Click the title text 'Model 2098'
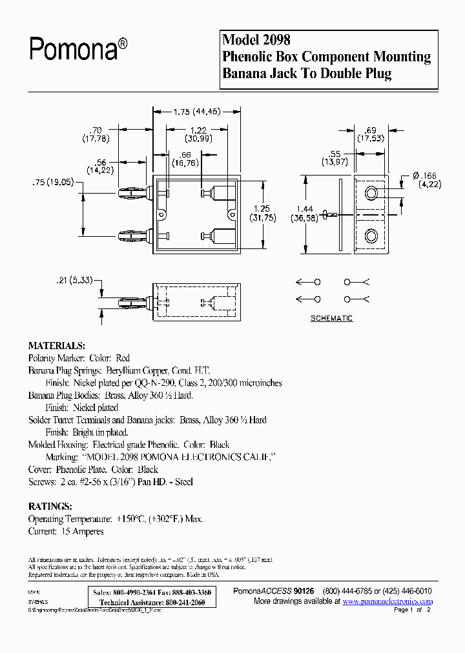(x=256, y=40)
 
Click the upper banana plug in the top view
(x=134, y=193)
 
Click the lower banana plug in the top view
(x=134, y=236)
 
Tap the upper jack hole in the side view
(x=371, y=193)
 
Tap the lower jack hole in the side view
(x=371, y=236)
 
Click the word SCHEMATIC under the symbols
(x=331, y=319)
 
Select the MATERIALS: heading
(x=56, y=345)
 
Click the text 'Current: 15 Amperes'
(x=66, y=532)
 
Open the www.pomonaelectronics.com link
(x=387, y=601)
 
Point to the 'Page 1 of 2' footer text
(x=411, y=610)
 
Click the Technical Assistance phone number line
(x=152, y=601)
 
